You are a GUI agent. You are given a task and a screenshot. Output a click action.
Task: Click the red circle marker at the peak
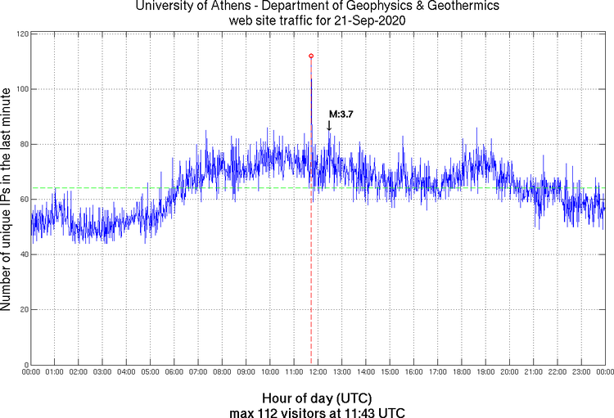point(311,56)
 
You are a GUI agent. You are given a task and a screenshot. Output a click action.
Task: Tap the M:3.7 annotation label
point(341,115)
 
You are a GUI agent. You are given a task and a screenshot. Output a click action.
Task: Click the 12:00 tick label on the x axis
point(318,372)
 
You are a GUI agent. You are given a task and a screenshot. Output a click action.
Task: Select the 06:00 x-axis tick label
point(174,372)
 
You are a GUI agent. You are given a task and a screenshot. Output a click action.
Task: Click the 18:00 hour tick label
point(462,372)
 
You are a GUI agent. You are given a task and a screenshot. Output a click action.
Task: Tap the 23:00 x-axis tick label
point(581,372)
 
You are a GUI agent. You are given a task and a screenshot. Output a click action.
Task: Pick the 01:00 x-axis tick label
point(55,372)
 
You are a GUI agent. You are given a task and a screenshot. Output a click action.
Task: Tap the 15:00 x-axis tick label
point(390,372)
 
